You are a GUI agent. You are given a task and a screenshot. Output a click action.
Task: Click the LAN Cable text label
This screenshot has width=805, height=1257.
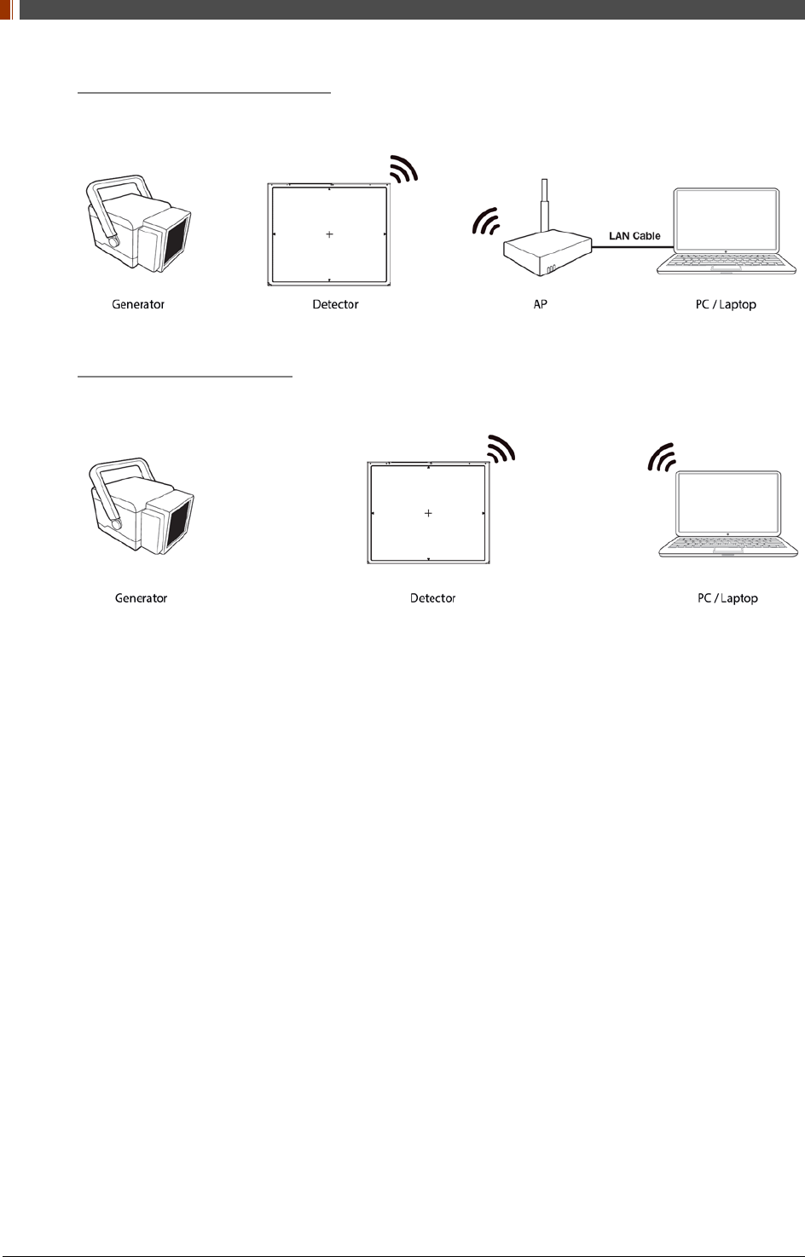click(x=634, y=236)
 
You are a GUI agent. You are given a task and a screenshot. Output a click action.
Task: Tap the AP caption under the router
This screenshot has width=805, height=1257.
click(x=540, y=304)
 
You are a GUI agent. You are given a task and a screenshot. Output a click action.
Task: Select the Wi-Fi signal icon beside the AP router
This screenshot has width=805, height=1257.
click(x=487, y=222)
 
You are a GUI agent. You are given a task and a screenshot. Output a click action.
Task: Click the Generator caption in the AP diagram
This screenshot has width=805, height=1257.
click(x=138, y=304)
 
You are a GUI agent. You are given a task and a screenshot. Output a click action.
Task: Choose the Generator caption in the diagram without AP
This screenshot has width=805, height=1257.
click(x=141, y=598)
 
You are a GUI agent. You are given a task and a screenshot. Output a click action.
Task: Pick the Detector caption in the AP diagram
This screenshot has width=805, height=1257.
click(x=335, y=304)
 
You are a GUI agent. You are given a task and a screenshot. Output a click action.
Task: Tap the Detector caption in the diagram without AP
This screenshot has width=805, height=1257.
click(x=432, y=598)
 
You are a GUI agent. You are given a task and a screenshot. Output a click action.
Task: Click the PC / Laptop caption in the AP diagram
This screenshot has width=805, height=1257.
click(x=726, y=304)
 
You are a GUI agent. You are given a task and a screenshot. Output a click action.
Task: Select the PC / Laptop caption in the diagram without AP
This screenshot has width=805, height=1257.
click(x=727, y=598)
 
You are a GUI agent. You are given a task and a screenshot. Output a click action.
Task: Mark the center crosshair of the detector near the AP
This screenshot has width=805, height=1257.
click(x=329, y=234)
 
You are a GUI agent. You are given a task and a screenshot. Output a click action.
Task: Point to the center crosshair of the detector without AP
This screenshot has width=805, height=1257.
click(x=428, y=513)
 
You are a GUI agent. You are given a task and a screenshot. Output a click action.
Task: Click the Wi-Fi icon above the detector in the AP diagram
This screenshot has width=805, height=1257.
click(x=404, y=169)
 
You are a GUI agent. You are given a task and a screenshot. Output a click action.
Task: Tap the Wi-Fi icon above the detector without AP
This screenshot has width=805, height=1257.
click(x=502, y=448)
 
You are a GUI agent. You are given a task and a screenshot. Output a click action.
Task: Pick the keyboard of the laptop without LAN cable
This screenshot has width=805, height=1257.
click(x=727, y=543)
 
